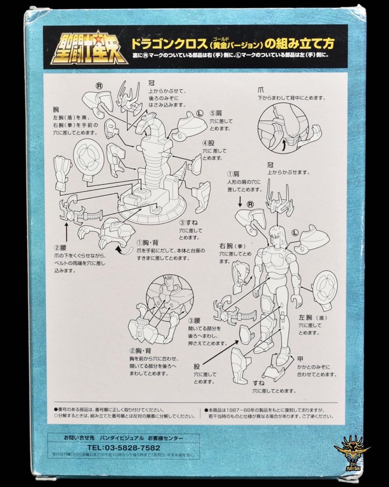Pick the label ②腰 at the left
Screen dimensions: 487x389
[x=61, y=247]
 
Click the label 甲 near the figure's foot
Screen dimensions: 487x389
[x=300, y=358]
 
